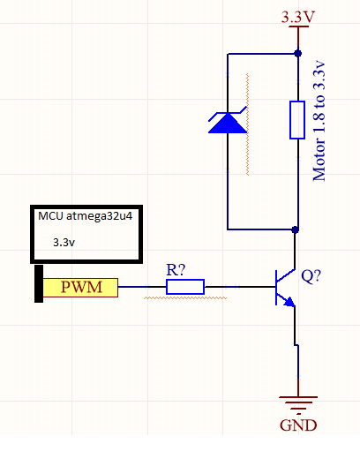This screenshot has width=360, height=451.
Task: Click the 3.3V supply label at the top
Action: (298, 17)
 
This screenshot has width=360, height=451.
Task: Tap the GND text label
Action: (298, 425)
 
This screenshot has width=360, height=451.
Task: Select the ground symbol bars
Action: (298, 403)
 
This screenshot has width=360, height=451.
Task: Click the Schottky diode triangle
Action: (228, 123)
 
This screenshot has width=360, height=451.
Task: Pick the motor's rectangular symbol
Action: (297, 120)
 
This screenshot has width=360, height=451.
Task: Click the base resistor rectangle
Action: (185, 287)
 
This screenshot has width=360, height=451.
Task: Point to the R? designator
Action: (176, 270)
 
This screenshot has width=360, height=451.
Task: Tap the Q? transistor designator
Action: (311, 276)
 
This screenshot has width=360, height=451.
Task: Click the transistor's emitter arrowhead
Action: (289, 302)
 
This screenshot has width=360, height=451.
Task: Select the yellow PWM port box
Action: (80, 288)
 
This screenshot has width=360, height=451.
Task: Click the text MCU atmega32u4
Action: (86, 216)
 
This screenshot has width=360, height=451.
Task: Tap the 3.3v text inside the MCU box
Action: (64, 243)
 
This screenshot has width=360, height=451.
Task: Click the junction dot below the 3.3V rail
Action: (298, 54)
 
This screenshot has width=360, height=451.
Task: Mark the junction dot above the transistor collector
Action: (295, 229)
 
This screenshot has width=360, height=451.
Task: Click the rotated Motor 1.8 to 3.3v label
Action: (319, 121)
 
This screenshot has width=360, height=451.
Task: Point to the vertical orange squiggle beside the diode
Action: (248, 124)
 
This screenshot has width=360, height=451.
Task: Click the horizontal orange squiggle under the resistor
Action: (185, 298)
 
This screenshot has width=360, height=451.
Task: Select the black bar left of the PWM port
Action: (39, 283)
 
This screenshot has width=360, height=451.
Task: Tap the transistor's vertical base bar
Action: (276, 288)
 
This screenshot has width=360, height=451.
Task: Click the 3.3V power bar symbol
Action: (298, 26)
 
